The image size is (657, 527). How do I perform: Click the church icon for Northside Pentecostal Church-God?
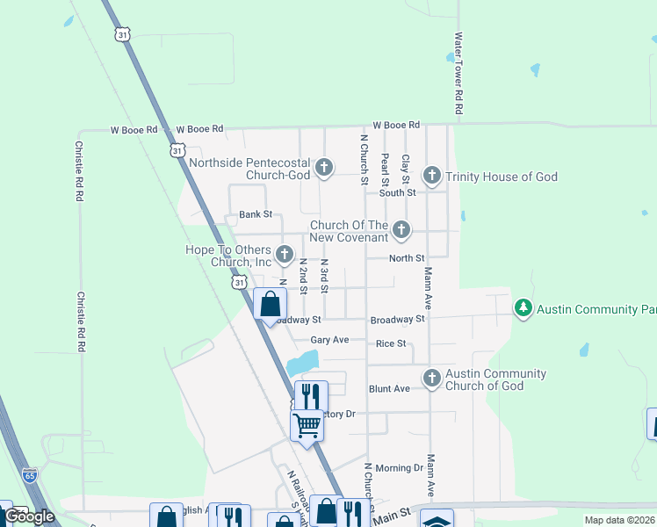click(324, 167)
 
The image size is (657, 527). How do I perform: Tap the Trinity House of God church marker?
click(432, 176)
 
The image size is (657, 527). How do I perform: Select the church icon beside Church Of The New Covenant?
click(401, 230)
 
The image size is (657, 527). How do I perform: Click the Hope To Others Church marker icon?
click(284, 255)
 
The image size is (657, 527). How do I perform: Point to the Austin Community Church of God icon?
click(431, 379)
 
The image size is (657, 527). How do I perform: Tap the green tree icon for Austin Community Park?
click(523, 308)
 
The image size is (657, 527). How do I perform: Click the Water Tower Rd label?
click(458, 75)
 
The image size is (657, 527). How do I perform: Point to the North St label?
click(407, 258)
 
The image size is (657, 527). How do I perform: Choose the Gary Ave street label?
click(329, 340)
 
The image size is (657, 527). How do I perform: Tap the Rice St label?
click(391, 343)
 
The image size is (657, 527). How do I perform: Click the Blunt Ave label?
click(389, 388)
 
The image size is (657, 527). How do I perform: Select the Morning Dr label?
click(399, 468)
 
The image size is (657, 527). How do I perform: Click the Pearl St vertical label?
click(385, 169)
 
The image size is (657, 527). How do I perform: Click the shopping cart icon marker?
click(307, 426)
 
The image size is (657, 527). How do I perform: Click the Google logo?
click(28, 516)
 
